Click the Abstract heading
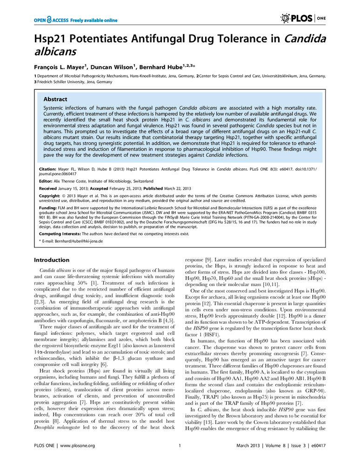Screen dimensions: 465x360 tap(55, 100)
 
